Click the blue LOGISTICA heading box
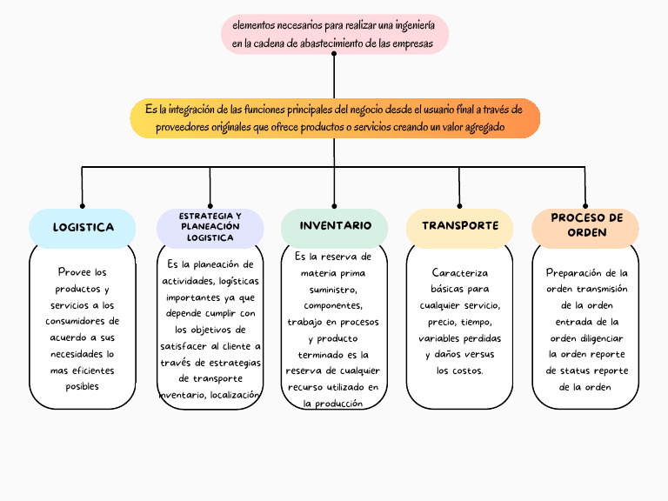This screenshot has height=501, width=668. coord(83,228)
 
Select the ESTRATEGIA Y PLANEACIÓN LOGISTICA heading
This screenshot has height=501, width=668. coord(210,227)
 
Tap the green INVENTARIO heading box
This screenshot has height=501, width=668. coord(335,226)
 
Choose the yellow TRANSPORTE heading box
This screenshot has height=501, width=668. coord(459,226)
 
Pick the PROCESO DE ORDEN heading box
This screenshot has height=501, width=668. coord(585,226)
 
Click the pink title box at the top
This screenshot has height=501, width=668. coord(334,34)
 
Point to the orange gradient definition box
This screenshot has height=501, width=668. coord(334,118)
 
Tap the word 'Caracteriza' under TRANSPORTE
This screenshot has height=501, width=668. coord(459,273)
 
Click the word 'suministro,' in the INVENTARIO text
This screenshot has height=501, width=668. coord(334,290)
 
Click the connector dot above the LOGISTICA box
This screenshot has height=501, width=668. coord(83,206)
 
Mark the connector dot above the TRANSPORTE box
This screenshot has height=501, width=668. coord(459,206)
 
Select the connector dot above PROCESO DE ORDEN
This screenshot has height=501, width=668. coord(585,206)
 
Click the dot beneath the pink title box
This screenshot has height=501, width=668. coord(334,53)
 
